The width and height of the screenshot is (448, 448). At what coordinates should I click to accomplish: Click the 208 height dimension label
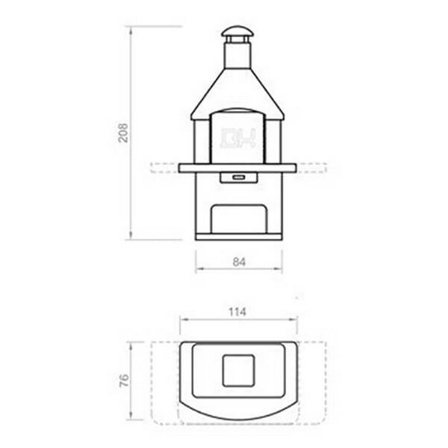(x=123, y=133)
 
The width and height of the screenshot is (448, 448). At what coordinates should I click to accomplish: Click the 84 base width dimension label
(x=239, y=261)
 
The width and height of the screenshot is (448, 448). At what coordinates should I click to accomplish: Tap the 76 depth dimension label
(x=124, y=381)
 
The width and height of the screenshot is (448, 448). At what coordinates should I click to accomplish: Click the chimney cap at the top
(x=237, y=32)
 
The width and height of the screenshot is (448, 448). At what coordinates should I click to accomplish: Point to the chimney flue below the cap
(x=237, y=55)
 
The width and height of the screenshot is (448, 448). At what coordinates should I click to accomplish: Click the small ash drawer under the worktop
(x=239, y=178)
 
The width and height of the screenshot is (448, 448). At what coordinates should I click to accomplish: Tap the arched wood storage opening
(x=239, y=218)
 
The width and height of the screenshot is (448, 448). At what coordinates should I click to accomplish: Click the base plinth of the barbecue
(x=239, y=237)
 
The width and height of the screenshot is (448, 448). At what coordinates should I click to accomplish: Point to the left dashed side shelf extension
(x=165, y=167)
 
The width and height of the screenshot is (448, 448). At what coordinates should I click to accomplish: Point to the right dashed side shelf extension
(x=311, y=167)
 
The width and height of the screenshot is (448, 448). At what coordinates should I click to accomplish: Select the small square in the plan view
(x=239, y=370)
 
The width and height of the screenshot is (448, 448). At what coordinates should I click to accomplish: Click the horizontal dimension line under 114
(x=239, y=320)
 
